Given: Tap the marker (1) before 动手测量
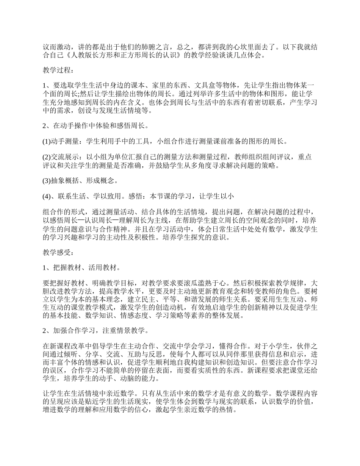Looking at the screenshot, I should [46, 142].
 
